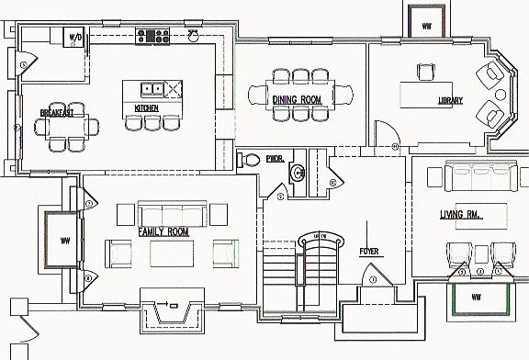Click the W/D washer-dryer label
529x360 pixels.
[74, 38]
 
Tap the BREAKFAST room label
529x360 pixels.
[57, 113]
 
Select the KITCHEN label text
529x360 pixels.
[147, 108]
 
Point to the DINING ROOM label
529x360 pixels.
[296, 98]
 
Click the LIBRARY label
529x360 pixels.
[449, 100]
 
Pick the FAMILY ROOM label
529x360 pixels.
[163, 232]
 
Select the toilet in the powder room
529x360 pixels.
[248, 159]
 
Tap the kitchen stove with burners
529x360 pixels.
[153, 36]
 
